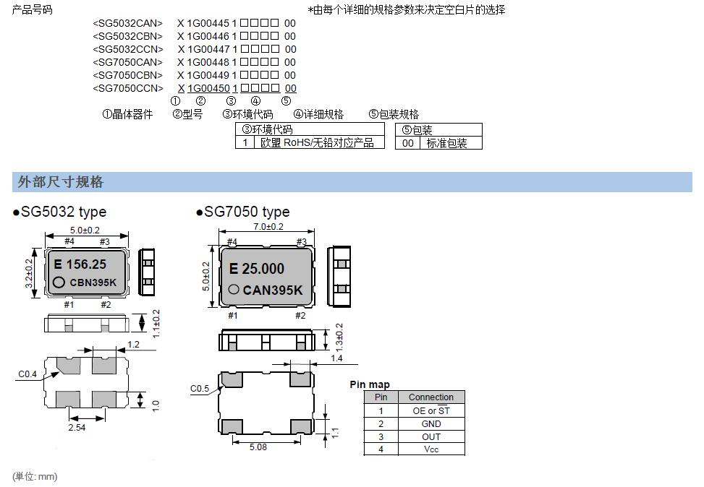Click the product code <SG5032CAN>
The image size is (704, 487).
pyautogui.click(x=128, y=23)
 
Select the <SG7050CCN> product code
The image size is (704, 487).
pyautogui.click(x=128, y=88)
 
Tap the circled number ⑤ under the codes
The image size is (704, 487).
pyautogui.click(x=286, y=101)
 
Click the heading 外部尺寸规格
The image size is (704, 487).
pyautogui.click(x=61, y=182)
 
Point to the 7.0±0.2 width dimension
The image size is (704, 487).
pyautogui.click(x=268, y=227)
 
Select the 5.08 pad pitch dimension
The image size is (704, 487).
pyautogui.click(x=258, y=447)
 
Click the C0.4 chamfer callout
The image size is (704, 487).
pyautogui.click(x=27, y=374)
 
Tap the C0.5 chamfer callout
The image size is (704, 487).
pyautogui.click(x=200, y=389)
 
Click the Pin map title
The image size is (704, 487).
pyautogui.click(x=369, y=384)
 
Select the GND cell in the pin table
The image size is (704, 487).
pyautogui.click(x=431, y=423)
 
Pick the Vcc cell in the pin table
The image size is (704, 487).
pyautogui.click(x=431, y=449)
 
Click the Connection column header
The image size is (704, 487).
pyautogui.click(x=431, y=397)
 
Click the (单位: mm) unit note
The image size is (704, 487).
pyautogui.click(x=35, y=476)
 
